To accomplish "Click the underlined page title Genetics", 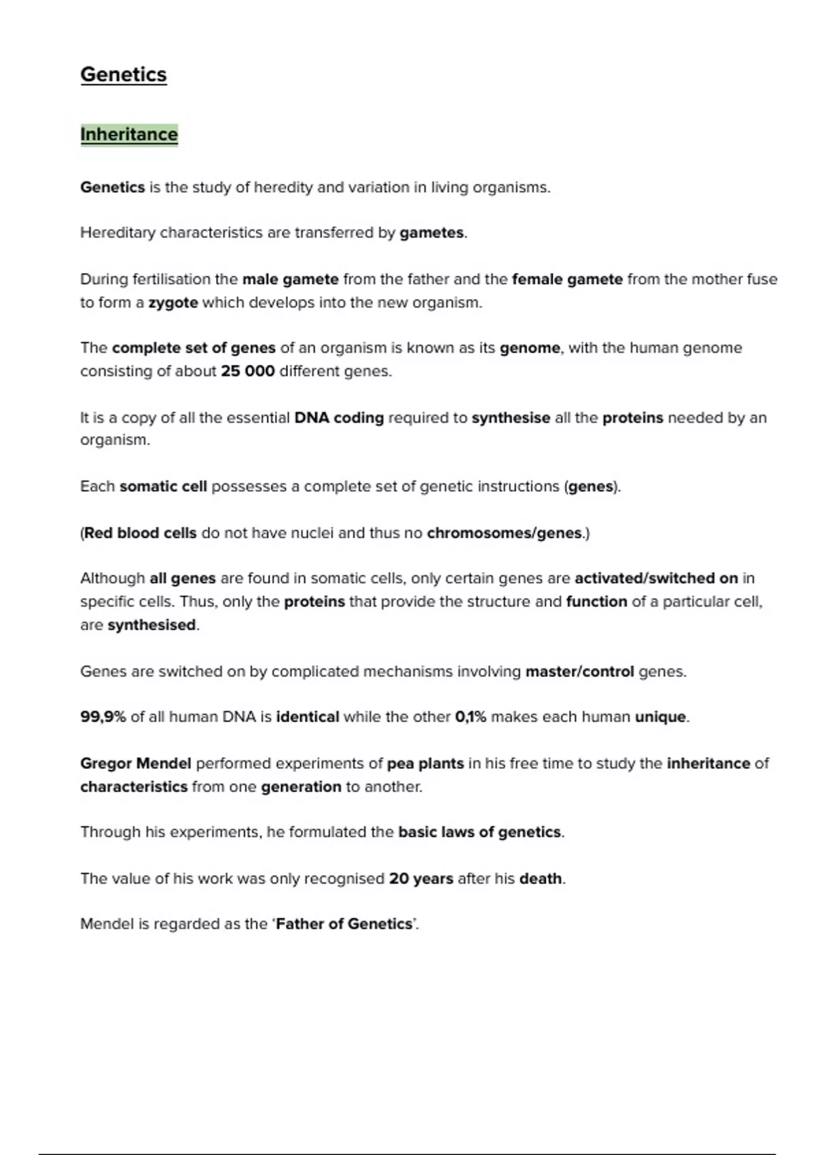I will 123,75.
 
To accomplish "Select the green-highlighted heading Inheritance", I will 129,135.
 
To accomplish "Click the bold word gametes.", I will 431,233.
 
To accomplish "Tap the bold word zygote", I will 173,303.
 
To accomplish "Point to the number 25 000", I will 247,372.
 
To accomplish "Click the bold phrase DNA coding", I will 339,418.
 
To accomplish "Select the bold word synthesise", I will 511,418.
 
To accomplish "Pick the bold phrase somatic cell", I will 163,486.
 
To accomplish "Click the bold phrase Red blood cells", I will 140,533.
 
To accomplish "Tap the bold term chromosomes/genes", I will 504,533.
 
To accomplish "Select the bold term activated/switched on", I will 656,578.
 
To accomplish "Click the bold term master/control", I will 579,672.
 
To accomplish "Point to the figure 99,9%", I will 103,717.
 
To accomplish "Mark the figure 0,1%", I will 471,717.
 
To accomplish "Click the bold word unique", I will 660,717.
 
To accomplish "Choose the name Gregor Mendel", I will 136,764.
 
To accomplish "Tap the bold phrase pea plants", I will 425,764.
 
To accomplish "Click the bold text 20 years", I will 420,879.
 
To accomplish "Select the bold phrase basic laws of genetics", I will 479,832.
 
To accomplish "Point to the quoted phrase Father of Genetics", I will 344,925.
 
